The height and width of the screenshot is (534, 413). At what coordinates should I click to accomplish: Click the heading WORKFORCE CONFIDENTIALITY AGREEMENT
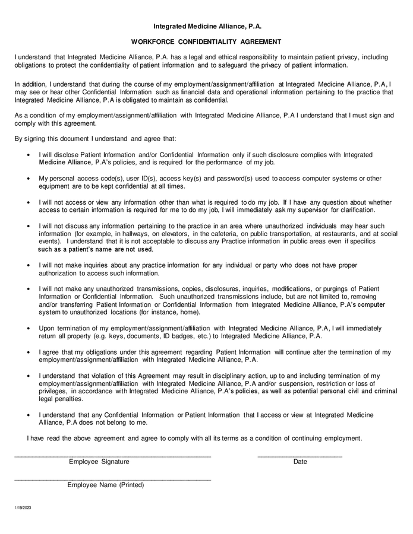[x=206, y=42]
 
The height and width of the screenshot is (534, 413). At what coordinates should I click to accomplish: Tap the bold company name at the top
[x=206, y=26]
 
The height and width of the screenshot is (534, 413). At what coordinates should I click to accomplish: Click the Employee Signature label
[x=99, y=462]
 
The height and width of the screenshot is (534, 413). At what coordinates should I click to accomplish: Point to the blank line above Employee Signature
[x=112, y=456]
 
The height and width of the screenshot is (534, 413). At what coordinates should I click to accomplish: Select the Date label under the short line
[x=300, y=462]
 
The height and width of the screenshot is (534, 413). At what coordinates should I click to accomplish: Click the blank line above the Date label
[x=299, y=456]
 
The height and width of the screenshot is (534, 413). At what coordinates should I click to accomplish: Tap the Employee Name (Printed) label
[x=106, y=485]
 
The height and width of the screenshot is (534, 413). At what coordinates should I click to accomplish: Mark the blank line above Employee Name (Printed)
[x=112, y=479]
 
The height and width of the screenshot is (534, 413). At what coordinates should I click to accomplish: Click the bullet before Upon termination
[x=30, y=328]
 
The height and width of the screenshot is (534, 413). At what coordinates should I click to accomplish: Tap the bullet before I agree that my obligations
[x=30, y=352]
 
